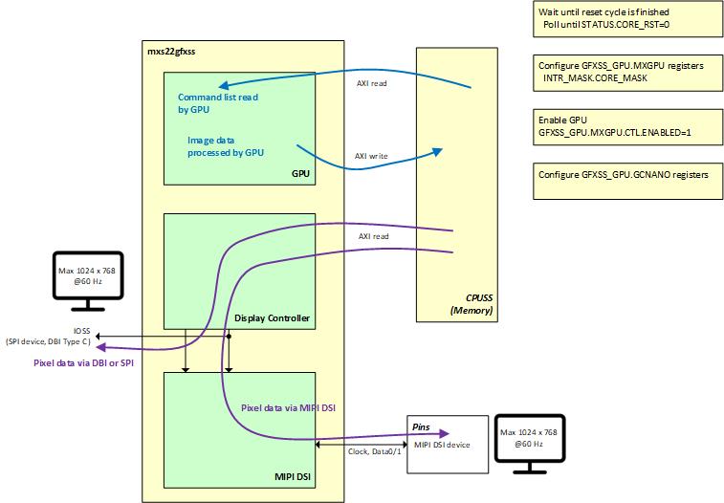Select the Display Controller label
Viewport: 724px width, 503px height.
pos(272,318)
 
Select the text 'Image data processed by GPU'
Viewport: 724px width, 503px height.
pos(226,145)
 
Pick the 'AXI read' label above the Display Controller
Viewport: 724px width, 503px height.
pos(373,235)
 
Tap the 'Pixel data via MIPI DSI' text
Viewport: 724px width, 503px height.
pos(293,407)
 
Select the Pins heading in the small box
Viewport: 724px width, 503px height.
pos(421,427)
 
